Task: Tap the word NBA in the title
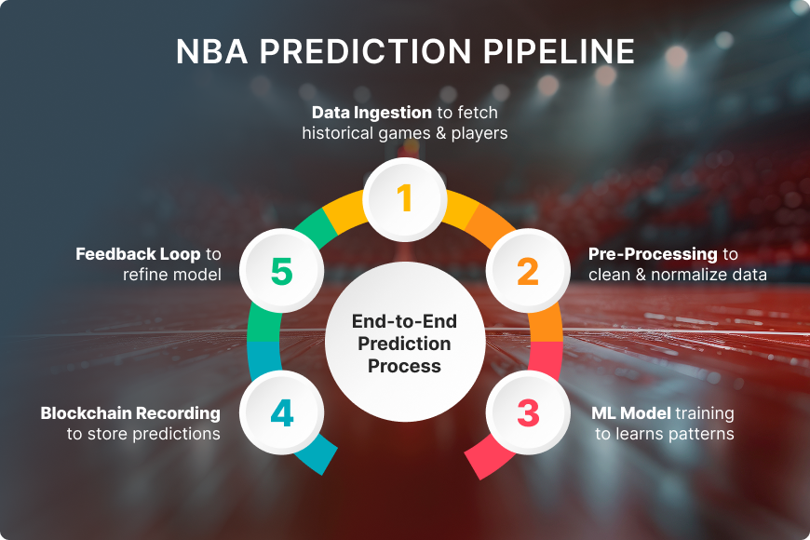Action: [211, 51]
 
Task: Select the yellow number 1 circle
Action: [404, 199]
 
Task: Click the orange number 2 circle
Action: [528, 271]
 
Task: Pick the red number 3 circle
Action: [528, 412]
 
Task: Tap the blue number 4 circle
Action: [281, 412]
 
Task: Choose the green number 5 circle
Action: [281, 271]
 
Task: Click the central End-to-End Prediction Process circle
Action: [405, 342]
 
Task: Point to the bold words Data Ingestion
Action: [371, 113]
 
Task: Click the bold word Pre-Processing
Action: [653, 254]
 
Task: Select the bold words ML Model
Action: [630, 412]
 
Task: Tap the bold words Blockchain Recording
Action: [130, 412]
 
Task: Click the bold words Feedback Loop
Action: [138, 254]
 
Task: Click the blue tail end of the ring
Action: [323, 462]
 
